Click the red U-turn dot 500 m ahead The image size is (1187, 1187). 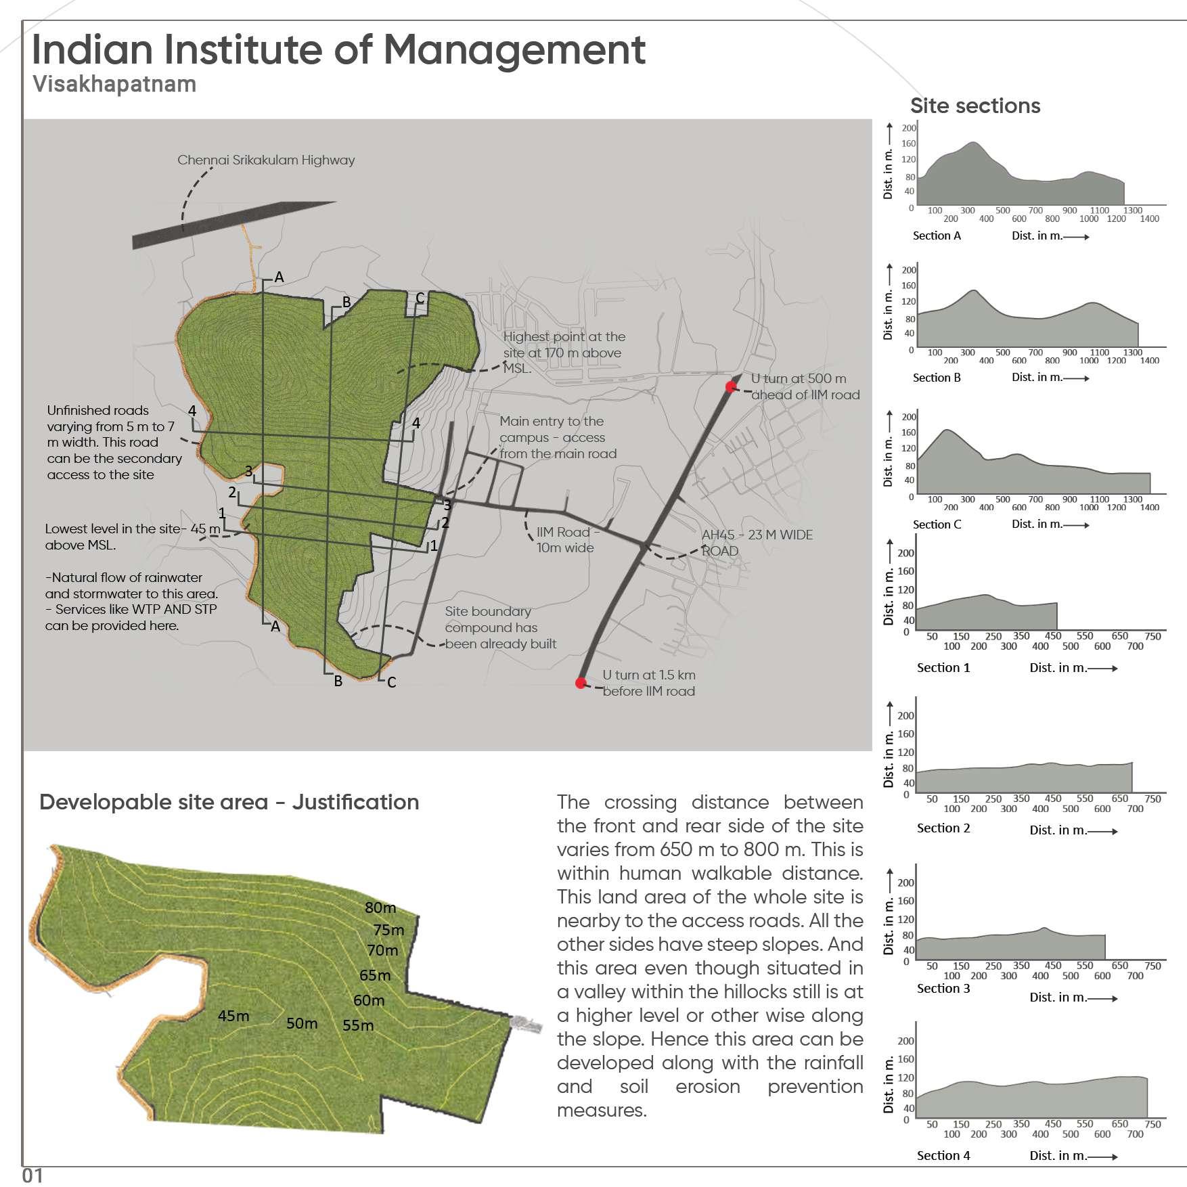coord(731,386)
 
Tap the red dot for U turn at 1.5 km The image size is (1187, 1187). coord(581,683)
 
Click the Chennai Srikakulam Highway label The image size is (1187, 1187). coord(266,160)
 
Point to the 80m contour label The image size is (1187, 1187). coord(380,908)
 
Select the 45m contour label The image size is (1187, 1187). coord(233,1016)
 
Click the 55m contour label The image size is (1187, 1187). coord(358,1025)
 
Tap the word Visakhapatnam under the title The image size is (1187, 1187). coord(114,84)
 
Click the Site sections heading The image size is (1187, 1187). coord(975,106)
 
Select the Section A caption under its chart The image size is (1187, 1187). coord(937,236)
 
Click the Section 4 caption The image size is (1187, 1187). coord(943,1155)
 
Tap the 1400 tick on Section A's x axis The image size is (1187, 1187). coord(1149,219)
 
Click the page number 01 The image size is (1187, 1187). coord(32,1175)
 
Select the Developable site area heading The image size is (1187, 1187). coord(229,802)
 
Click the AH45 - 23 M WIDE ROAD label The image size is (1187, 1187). coord(757,543)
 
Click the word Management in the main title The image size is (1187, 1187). coord(514,49)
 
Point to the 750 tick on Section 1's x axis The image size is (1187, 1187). coord(1152,636)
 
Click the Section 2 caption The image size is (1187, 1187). coord(943,828)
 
